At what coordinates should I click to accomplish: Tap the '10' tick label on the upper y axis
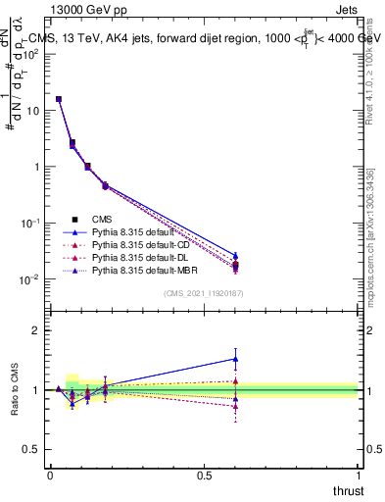pyautogui.click(x=31, y=110)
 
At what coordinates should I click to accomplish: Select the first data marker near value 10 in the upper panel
pyautogui.click(x=59, y=99)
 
